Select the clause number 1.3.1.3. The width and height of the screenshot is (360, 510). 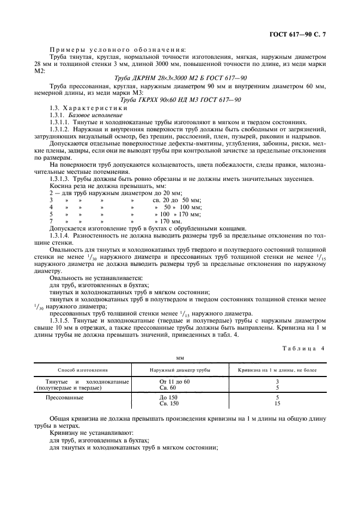click(59, 179)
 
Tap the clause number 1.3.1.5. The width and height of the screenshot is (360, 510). click(59, 320)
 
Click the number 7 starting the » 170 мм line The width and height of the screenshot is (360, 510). click(51, 221)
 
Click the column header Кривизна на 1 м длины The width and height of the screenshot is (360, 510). click(276, 369)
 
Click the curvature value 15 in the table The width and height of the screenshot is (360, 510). click(277, 404)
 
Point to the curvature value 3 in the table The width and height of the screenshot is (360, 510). click(277, 381)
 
